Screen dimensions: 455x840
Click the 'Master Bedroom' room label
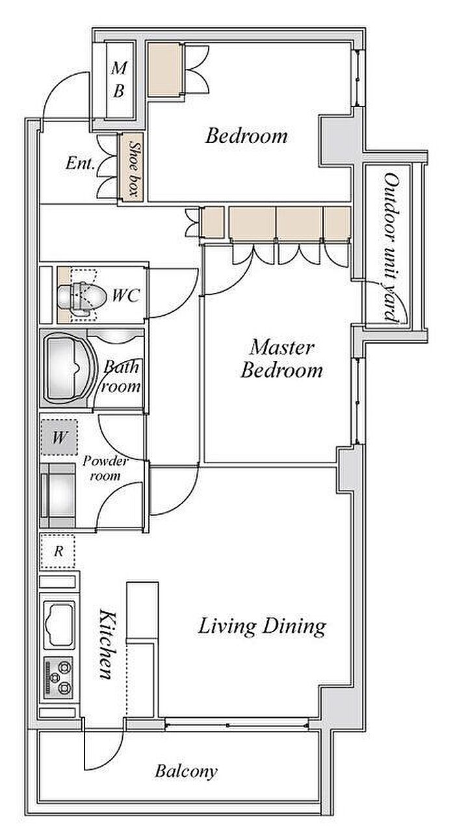(x=281, y=359)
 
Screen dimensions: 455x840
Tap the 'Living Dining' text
(x=262, y=627)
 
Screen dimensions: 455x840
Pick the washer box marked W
(x=59, y=437)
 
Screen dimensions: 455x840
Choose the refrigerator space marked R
(x=58, y=551)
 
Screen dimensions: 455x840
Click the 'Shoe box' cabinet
(x=131, y=168)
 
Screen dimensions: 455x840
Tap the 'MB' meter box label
(x=120, y=79)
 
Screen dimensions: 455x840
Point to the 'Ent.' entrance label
(x=80, y=163)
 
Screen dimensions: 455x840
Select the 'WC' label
(x=126, y=296)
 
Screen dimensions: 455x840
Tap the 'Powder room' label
(x=105, y=468)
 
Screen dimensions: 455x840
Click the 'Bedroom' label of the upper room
(x=246, y=136)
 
